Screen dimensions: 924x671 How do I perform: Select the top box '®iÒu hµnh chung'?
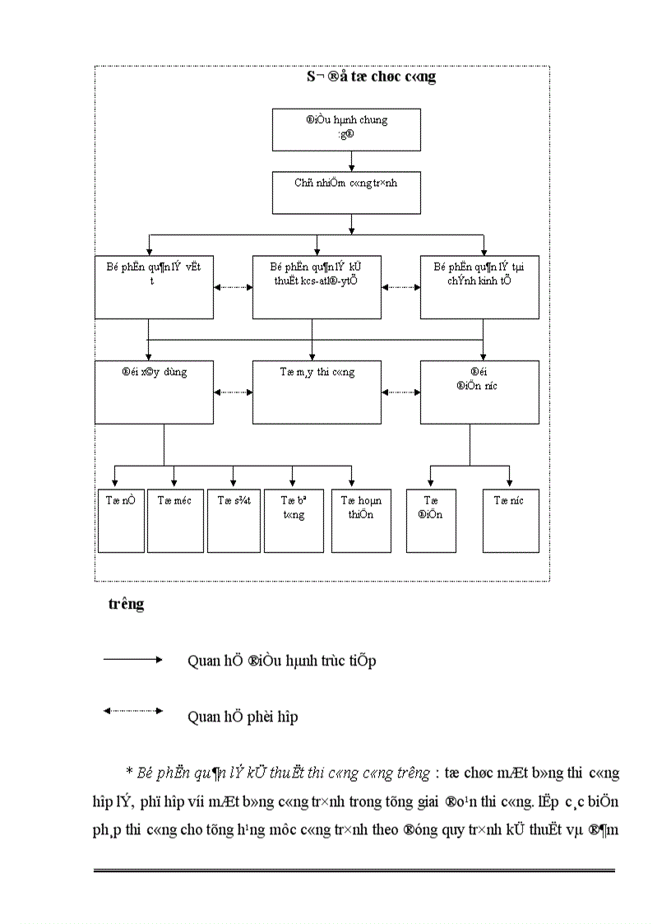pos(346,130)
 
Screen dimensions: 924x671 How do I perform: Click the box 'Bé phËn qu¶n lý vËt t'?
pos(155,286)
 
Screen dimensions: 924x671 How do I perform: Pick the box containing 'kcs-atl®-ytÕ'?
pos(317,286)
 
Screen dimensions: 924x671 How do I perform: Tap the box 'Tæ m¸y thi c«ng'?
pos(317,392)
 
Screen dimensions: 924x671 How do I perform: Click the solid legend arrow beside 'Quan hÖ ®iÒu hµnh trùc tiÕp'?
pos(132,659)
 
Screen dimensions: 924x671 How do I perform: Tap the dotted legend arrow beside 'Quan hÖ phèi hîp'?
pos(132,711)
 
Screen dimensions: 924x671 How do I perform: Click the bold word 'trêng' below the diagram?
pos(126,604)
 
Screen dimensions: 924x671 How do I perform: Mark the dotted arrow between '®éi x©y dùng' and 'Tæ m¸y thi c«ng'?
pos(233,392)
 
